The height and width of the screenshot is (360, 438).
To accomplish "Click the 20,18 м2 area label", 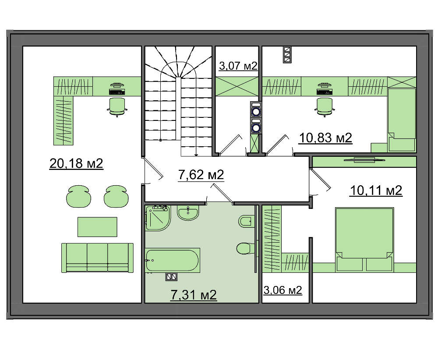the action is coord(76,163).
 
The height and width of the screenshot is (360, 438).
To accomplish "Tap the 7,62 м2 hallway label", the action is coord(201,175).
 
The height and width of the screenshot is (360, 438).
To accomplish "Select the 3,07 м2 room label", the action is coord(238,66).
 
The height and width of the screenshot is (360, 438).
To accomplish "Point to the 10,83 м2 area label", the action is coord(325,138).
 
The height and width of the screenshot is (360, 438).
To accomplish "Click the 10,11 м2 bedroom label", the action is coord(376,191).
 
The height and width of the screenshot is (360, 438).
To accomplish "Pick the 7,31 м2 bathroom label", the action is coord(194,295).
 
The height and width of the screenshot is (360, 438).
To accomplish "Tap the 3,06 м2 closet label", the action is coord(283,290).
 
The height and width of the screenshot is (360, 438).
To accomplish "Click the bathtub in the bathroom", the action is coord(173,260).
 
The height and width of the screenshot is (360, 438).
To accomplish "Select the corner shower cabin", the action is coord(158,218).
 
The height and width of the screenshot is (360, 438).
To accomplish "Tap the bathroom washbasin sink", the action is coord(188,213).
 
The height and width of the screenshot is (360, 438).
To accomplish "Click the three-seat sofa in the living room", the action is coord(97,258).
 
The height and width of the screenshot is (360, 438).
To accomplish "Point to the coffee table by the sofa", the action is coord(97,227).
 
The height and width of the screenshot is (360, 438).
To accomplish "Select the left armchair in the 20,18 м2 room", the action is coord(78,196).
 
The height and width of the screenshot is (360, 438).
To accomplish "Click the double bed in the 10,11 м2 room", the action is coord(364,239).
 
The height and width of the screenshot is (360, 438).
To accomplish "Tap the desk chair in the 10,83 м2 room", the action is coord(324,107).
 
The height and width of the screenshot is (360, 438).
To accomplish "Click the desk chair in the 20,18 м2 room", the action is coord(117,107).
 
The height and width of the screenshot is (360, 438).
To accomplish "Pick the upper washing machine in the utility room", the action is coord(256,110).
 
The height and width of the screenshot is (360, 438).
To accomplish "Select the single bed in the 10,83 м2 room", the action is coord(401,120).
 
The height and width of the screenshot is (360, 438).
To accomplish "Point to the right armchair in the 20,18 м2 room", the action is coord(116,196).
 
